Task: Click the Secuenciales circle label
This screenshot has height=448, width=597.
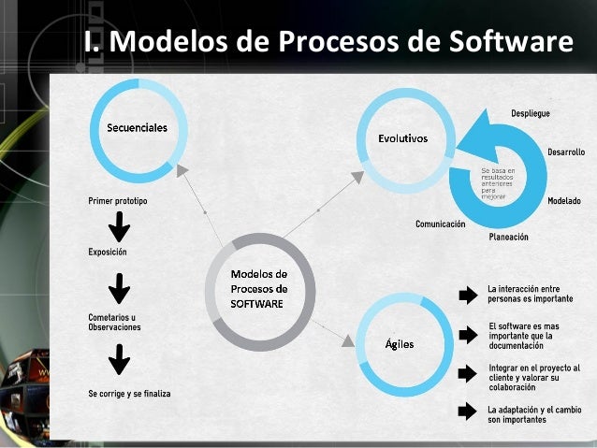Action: [138, 128]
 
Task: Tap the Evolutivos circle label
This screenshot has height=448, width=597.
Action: [402, 137]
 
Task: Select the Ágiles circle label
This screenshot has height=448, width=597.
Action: [400, 343]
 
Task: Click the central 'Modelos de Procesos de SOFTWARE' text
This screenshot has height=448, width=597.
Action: [259, 289]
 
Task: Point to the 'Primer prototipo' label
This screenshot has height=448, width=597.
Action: [118, 201]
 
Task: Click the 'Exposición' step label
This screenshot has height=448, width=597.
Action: [108, 252]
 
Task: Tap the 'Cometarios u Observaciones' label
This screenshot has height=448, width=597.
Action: [114, 323]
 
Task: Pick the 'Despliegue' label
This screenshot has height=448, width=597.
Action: [530, 113]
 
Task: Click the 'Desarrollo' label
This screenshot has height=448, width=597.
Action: [566, 152]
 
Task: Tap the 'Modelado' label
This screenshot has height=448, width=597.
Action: [563, 201]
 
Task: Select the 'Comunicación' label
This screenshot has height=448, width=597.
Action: [440, 224]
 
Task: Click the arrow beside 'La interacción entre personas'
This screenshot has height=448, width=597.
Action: [467, 296]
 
